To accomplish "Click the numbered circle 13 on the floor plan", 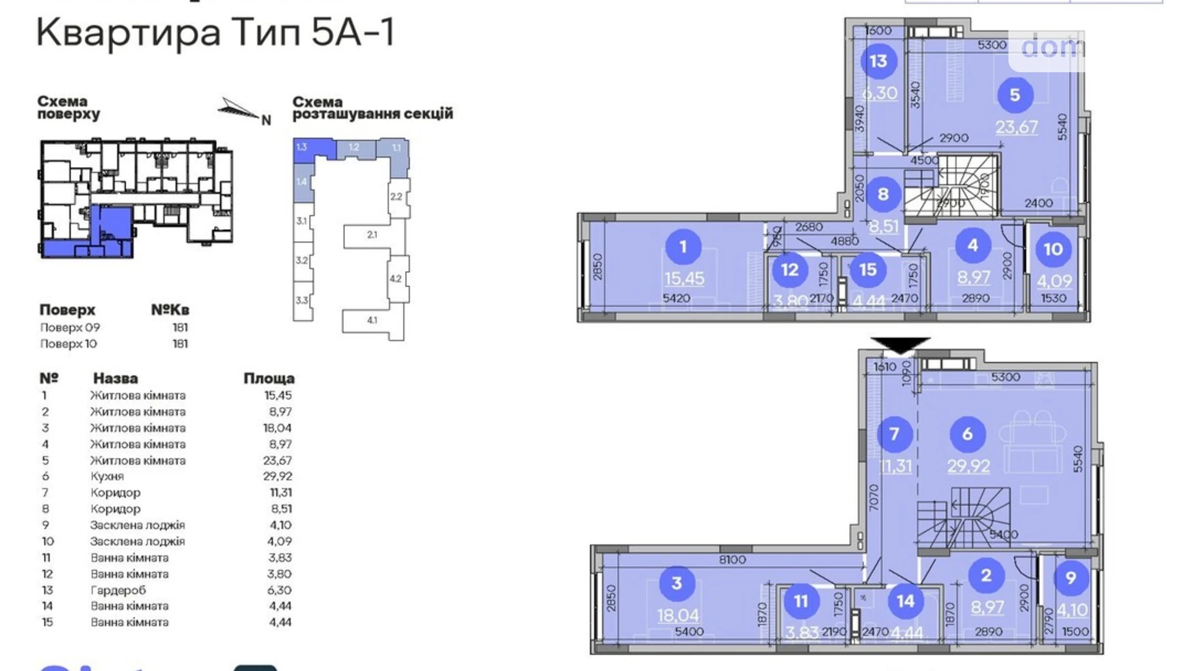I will coord(878,61).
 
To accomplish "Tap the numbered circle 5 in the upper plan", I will coord(1014,95).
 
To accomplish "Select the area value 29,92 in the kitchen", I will coord(968,465).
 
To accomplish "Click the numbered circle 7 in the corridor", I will coord(894,434).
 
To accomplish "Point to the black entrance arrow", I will coord(900,345).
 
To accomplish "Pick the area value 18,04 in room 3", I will coord(678,615).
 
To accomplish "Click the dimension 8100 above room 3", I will coord(732,560).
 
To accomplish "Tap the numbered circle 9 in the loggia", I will coord(1070,578).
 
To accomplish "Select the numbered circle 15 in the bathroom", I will coord(868,270).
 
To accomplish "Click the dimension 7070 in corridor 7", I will coord(874,497).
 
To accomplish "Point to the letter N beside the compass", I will coord(266,120).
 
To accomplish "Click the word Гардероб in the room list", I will coord(118,590).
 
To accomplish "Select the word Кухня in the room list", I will coord(107,476).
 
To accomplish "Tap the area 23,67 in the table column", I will coord(277,460).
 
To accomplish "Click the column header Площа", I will coord(269,378).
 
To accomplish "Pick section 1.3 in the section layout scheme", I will coord(302,148).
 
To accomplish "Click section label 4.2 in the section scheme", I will coord(395,279).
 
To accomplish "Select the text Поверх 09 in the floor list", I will coord(70,327).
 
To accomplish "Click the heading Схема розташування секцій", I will coord(372,108).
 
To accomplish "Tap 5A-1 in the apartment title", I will coord(353,32).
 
